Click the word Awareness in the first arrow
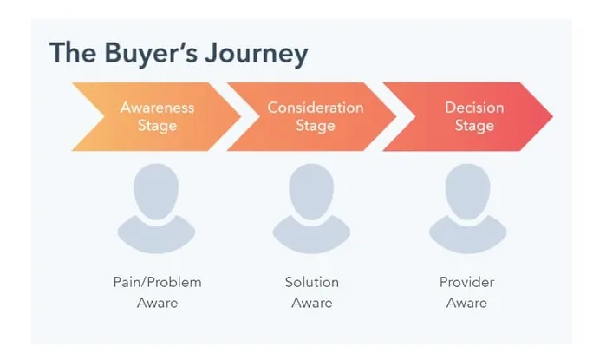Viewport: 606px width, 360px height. pos(157,108)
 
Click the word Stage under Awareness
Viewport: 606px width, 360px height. pos(157,126)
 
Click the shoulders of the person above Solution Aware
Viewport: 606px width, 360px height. pos(312,232)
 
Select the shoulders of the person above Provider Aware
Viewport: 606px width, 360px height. pos(466,232)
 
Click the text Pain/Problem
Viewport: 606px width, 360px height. pos(157,283)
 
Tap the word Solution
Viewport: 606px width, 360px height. pos(312,283)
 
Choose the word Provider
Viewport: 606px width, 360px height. pos(466,283)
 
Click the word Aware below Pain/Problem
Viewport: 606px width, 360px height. pos(157,304)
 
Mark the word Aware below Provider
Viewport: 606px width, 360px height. pos(466,304)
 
